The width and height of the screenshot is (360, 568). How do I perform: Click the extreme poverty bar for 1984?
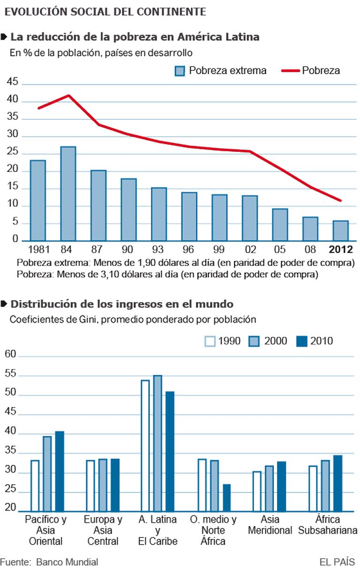68,194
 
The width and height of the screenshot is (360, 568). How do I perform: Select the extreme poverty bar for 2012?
341,230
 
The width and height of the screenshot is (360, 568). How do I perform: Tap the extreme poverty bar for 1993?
159,214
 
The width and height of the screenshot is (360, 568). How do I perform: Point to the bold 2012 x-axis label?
341,249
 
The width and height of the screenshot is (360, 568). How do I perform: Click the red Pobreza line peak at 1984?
69,96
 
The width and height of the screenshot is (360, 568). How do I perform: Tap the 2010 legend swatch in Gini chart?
302,341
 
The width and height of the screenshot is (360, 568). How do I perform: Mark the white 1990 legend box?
210,341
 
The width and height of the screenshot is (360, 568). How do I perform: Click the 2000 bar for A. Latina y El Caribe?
157,443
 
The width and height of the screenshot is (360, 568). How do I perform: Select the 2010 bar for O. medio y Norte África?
227,497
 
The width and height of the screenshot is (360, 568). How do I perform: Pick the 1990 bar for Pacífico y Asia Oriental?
35,485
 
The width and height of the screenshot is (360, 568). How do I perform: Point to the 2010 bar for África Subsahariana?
338,483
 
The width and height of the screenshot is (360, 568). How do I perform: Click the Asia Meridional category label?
270,525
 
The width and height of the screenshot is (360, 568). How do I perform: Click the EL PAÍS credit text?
337,561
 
